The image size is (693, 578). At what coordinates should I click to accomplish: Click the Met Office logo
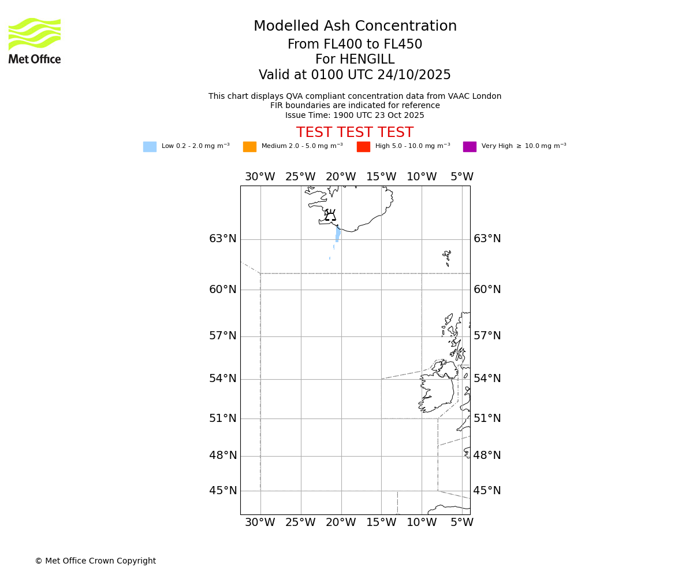point(35,40)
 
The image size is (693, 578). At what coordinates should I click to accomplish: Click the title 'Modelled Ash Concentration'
point(355,27)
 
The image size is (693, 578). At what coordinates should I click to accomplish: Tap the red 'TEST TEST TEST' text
point(355,132)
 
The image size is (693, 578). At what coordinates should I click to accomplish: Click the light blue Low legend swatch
point(150,147)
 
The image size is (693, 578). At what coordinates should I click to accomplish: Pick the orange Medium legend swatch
point(249,147)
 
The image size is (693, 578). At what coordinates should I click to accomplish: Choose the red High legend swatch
point(363,147)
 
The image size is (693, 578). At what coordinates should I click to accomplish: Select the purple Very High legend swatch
point(470,147)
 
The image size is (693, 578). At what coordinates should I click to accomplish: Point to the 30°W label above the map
point(260,177)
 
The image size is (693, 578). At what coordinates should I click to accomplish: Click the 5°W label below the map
point(462,523)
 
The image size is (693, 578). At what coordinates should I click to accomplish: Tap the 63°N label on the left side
point(223,239)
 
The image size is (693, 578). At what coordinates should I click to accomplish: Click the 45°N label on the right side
point(487,491)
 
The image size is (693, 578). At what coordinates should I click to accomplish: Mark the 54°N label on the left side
point(223,379)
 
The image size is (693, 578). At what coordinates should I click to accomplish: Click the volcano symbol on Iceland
point(330,216)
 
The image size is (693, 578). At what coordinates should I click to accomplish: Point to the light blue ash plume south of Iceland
point(338,234)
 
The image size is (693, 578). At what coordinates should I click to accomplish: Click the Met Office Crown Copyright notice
point(95,561)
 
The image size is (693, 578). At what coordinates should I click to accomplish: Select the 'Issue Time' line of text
point(355,115)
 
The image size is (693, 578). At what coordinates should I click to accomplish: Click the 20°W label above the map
point(341,177)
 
